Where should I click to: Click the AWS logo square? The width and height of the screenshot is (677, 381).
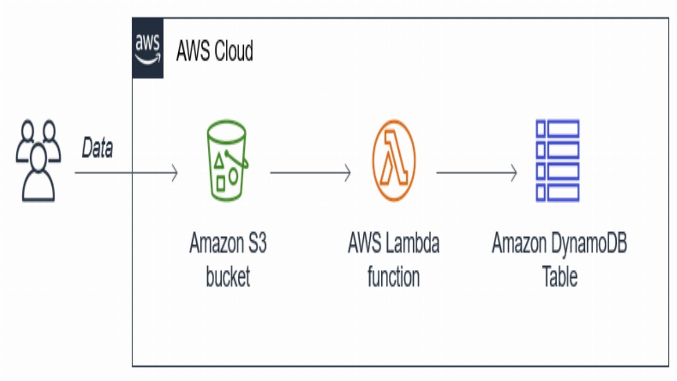coord(148,48)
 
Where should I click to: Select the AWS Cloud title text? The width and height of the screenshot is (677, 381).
coord(214,51)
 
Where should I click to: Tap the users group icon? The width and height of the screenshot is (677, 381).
coord(38,161)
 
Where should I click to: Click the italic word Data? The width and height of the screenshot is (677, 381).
coord(97,149)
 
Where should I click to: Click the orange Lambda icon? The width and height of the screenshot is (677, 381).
coord(394,160)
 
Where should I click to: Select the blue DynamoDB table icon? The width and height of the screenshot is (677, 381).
coord(557,160)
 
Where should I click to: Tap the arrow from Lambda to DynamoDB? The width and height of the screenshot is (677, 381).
coord(476,173)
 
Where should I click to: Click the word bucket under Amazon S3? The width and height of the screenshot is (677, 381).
coord(228,277)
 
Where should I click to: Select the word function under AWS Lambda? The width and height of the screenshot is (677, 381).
coord(394,277)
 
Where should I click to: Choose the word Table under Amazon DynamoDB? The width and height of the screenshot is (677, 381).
coord(560,277)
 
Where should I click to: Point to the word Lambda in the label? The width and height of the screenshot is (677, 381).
coord(413,244)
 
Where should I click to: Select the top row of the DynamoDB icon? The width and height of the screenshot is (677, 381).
coord(557,129)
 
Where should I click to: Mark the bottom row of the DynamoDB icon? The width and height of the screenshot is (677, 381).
coord(557,192)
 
